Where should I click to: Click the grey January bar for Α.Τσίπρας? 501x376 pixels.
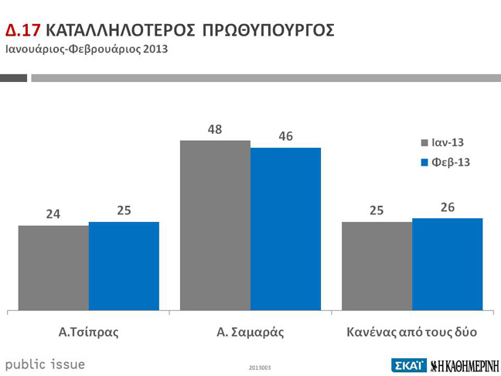tap(53, 268)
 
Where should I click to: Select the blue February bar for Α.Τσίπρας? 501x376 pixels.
tap(124, 266)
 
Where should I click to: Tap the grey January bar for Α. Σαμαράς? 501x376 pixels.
tap(215, 225)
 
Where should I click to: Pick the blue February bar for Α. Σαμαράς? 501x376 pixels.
tap(285, 229)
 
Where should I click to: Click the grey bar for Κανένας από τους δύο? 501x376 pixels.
tap(377, 266)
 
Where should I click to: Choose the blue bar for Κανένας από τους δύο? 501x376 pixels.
tap(447, 264)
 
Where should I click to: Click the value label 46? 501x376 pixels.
tap(285, 136)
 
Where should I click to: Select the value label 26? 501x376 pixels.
tap(447, 207)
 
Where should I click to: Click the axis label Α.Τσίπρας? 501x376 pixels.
tap(88, 333)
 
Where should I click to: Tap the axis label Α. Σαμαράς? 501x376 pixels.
tap(250, 333)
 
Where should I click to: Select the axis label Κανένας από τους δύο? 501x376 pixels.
tap(411, 333)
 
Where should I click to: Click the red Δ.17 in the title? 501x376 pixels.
tap(23, 30)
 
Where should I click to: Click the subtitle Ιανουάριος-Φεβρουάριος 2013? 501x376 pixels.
tap(87, 49)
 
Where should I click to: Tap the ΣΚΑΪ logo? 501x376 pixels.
tap(408, 364)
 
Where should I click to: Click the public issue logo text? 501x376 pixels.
tap(46, 364)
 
